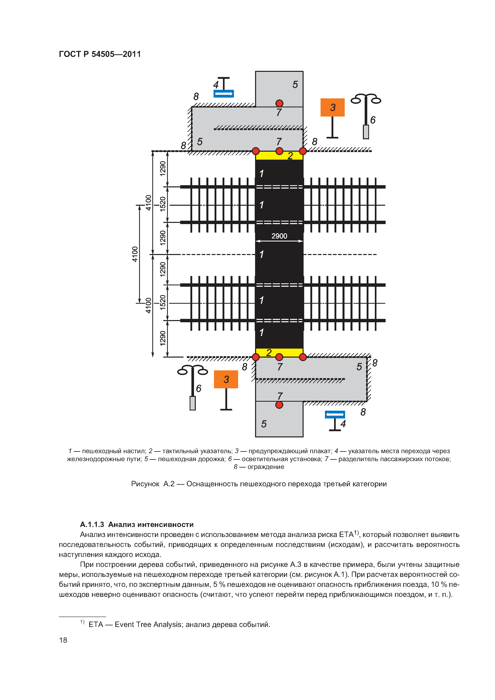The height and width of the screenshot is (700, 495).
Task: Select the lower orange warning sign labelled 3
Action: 226,379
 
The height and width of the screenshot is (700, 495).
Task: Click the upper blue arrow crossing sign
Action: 223,94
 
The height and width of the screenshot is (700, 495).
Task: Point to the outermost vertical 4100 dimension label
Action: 135,254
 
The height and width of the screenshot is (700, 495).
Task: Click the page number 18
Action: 63,640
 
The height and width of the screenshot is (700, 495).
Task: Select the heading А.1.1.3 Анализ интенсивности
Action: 137,524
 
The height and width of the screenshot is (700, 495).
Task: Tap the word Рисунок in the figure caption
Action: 145,484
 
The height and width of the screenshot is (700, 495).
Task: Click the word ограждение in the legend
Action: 266,467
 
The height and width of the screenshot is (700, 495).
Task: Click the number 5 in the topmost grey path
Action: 295,84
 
